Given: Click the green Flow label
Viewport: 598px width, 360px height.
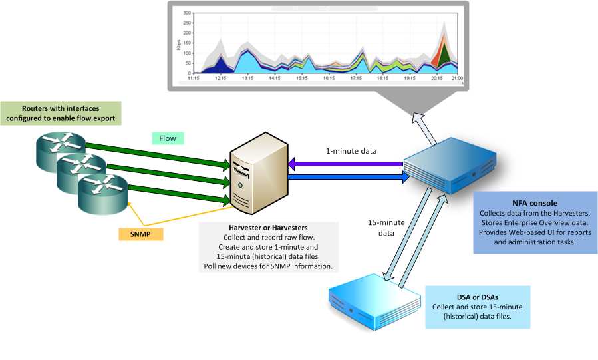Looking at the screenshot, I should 167,138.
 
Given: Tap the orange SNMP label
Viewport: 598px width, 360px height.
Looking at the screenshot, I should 141,234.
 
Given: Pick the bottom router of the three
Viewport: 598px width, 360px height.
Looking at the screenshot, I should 100,195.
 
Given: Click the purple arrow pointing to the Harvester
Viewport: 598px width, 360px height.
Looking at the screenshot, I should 346,164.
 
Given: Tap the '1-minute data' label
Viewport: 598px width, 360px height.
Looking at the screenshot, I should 351,151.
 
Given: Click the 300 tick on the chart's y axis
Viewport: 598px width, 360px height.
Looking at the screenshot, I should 187,13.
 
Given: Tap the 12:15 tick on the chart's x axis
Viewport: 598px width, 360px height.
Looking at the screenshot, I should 221,78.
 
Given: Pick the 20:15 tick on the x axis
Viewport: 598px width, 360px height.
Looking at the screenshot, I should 437,78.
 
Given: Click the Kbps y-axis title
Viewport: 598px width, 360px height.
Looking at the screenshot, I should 178,45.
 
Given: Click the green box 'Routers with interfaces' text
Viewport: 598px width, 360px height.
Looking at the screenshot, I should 61,113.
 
